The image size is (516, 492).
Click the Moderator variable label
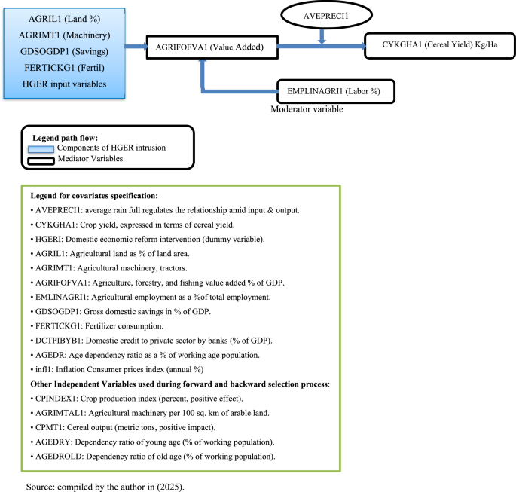(306, 109)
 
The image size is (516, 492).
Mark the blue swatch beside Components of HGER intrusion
(43, 148)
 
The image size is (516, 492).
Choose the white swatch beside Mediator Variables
(43, 159)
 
